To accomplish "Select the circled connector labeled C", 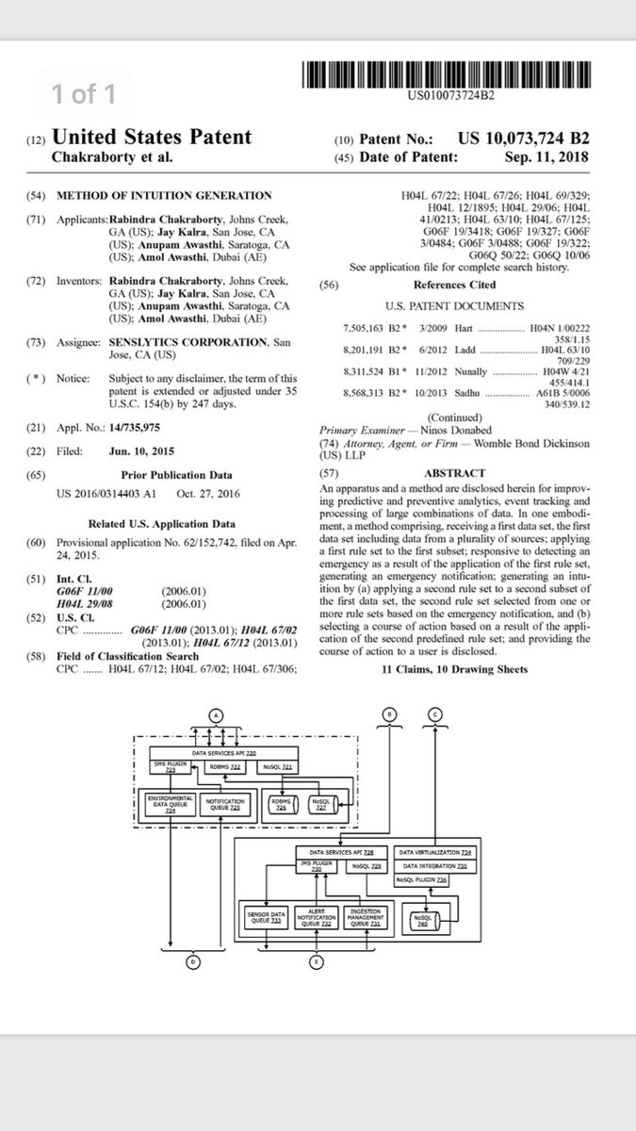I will click(x=433, y=713).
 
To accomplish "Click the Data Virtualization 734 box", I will click(x=434, y=851).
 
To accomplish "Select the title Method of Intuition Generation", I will click(x=165, y=195).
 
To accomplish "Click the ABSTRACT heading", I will click(x=455, y=473).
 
